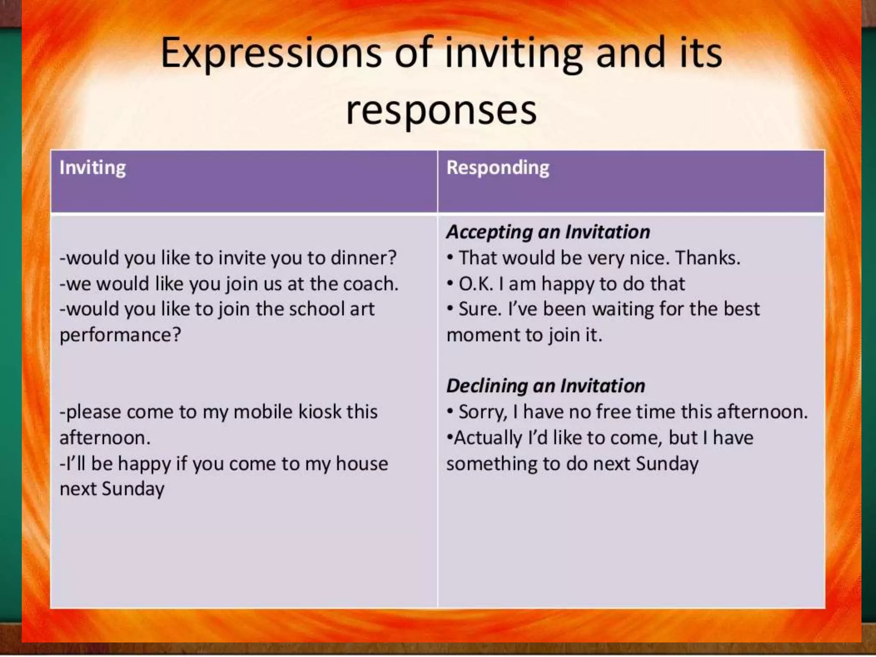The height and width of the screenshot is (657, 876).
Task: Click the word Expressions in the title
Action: (270, 54)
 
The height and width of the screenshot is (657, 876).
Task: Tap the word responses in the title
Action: (441, 110)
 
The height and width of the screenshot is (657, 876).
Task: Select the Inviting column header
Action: (92, 167)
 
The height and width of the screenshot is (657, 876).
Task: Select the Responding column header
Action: (497, 167)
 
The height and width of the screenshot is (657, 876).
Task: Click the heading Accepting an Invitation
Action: (548, 232)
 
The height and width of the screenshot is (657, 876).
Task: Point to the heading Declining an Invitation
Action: (545, 386)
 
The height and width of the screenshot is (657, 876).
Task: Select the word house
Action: (361, 463)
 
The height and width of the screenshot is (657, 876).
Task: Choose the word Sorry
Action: (483, 412)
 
